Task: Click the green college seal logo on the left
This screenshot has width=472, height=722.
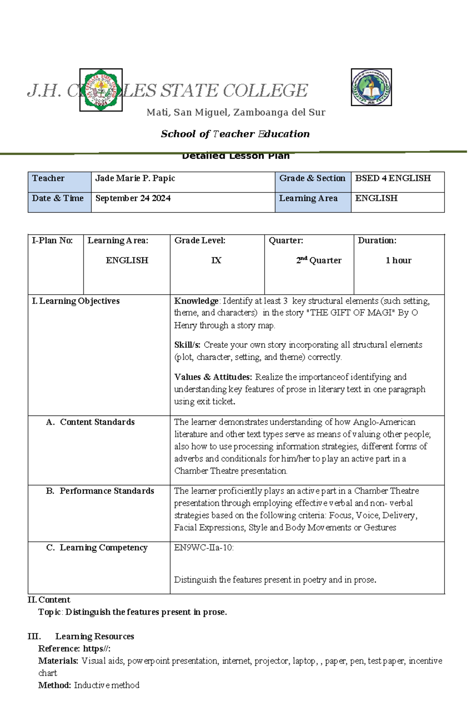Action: (x=101, y=90)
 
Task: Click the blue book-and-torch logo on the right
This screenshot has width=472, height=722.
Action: (x=371, y=87)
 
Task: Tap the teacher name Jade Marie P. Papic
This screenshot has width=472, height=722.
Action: (x=135, y=178)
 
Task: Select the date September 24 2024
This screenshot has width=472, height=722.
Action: (x=133, y=198)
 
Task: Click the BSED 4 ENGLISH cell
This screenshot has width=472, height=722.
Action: (x=393, y=178)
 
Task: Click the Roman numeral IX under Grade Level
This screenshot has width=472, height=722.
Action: (x=216, y=260)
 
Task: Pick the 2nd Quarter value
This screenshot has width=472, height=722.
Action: (x=319, y=260)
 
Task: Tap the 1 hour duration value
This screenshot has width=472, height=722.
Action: (x=398, y=260)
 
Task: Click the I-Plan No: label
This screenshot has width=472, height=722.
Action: (x=52, y=240)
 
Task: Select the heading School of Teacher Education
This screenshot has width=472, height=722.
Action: (x=235, y=134)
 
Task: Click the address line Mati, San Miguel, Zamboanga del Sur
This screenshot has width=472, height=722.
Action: (x=236, y=113)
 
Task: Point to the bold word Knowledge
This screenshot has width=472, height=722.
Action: (x=196, y=301)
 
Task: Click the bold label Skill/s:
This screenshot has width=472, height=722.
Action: (x=187, y=345)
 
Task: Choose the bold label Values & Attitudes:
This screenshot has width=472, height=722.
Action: (x=213, y=377)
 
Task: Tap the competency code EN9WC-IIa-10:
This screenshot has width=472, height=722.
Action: (x=204, y=548)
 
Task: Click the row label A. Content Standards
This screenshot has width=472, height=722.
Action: (x=90, y=422)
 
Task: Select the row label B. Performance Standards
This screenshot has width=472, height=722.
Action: (x=100, y=491)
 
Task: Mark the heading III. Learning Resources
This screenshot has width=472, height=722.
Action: (x=81, y=636)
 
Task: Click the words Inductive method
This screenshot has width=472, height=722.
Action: (x=107, y=685)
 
